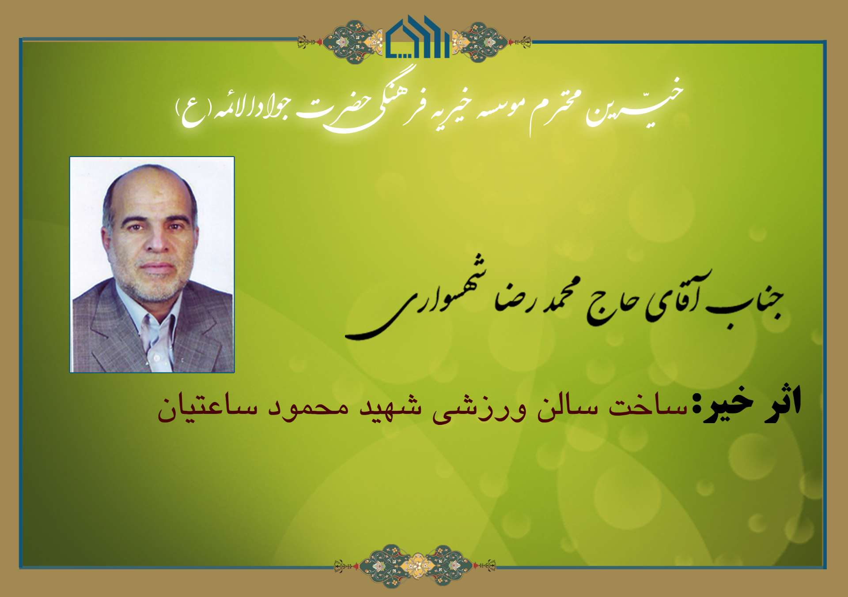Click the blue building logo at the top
pyautogui.click(x=417, y=37)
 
